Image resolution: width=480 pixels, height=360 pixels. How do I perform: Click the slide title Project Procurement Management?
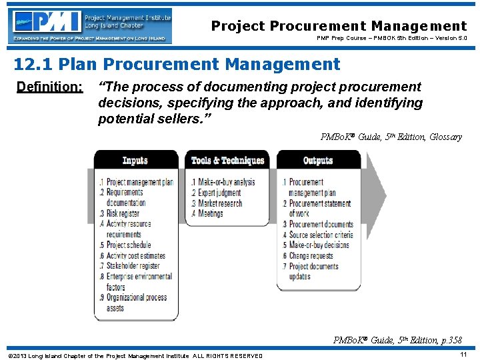(x=339, y=26)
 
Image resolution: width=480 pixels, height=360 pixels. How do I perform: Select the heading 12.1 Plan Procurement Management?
(x=177, y=64)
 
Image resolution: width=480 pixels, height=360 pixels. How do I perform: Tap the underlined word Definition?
(x=49, y=87)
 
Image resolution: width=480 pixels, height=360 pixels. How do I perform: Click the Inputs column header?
(x=135, y=160)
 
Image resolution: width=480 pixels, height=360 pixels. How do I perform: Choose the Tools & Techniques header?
(x=227, y=160)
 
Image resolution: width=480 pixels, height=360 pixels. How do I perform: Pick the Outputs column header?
(x=318, y=160)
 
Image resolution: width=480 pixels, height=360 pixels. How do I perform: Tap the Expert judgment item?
(x=219, y=193)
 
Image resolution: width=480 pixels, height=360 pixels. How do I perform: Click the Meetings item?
(x=210, y=213)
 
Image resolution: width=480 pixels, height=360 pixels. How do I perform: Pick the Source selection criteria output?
(x=320, y=235)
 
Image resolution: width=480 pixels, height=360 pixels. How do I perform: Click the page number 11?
(x=463, y=355)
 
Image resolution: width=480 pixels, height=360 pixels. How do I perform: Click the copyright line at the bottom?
(x=135, y=356)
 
